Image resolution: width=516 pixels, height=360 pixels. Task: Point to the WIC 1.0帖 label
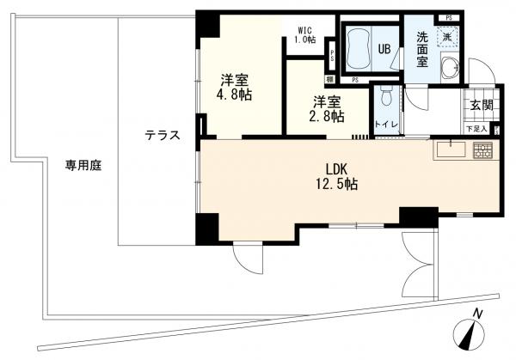pyautogui.click(x=305, y=35)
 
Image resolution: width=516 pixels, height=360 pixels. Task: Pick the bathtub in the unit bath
pyautogui.click(x=358, y=48)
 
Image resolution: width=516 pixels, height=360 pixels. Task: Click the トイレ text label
pyautogui.click(x=386, y=125)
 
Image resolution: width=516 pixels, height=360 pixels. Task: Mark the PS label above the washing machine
pyautogui.click(x=448, y=15)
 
